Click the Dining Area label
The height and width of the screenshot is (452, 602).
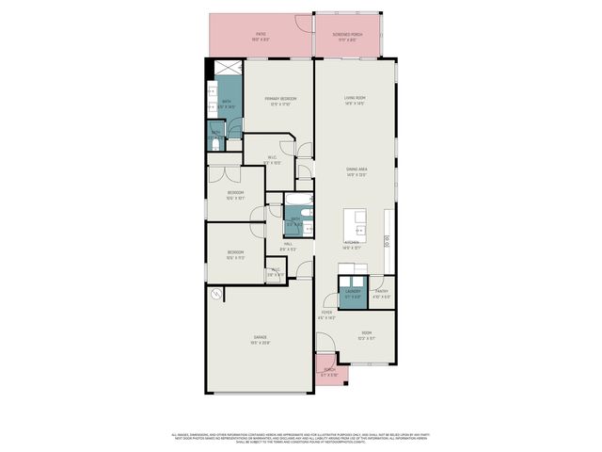354,170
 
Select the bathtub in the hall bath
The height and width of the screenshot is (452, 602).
295,203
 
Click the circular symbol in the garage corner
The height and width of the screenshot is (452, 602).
216,296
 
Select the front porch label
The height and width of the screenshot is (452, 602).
330,371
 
